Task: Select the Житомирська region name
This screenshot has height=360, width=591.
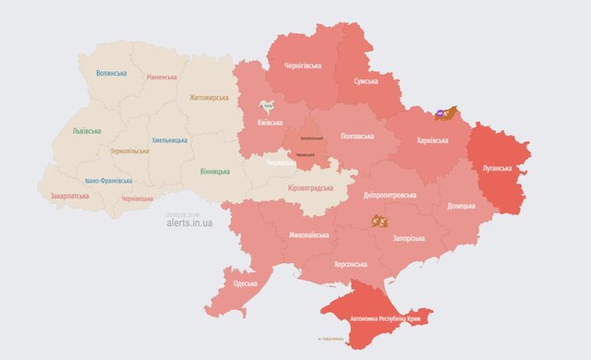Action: point(208,97)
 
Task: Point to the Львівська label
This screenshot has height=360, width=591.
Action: point(88,130)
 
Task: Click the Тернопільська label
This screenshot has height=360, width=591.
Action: point(130,150)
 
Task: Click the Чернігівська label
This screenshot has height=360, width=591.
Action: point(296,66)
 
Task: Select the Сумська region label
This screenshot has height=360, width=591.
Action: point(366,81)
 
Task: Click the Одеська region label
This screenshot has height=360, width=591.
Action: point(245,283)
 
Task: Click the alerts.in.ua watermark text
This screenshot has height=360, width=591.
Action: point(196,222)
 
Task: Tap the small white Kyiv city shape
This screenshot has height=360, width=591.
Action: point(266,106)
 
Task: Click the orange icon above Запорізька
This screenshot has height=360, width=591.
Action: point(379,221)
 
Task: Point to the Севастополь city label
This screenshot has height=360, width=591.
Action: point(331,339)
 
